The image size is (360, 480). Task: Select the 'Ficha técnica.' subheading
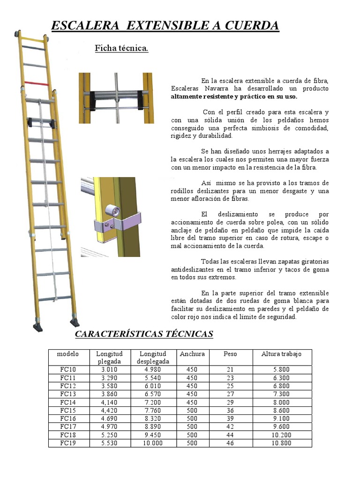pos(121,48)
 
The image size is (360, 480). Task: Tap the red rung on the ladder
pos(36,83)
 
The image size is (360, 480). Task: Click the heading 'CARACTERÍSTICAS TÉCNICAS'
pos(144,334)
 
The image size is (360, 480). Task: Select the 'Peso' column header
pos(230,354)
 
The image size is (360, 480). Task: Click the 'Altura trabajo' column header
pos(281,354)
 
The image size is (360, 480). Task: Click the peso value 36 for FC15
pos(230,410)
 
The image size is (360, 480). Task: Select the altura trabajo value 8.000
pos(281,402)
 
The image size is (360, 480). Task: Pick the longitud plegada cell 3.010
pos(109,369)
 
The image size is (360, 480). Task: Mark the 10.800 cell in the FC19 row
pos(281,442)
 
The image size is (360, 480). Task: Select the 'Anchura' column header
pos(192,354)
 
